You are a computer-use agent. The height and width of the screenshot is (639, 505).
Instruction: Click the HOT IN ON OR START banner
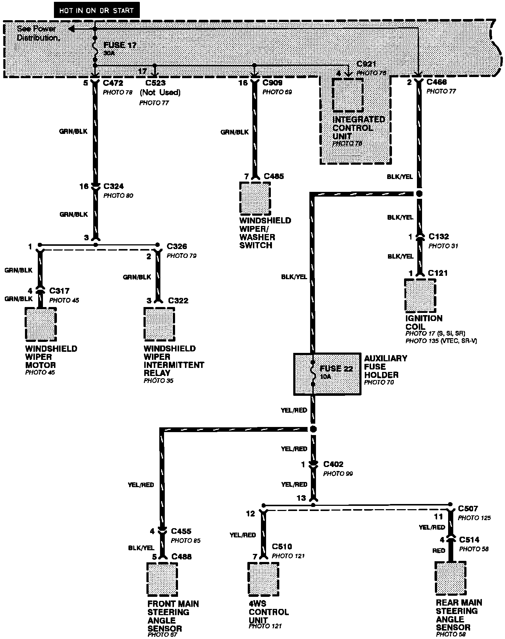(97, 11)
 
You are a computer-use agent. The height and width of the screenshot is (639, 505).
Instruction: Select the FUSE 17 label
(120, 45)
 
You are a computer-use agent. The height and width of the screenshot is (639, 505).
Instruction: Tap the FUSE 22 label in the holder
(336, 369)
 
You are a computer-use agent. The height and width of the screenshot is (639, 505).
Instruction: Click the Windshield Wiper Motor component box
(41, 325)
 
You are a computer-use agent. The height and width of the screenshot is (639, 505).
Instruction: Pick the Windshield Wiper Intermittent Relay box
(159, 325)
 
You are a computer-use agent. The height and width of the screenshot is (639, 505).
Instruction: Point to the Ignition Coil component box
(420, 295)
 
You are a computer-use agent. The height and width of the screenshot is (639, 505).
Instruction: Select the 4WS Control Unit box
(263, 578)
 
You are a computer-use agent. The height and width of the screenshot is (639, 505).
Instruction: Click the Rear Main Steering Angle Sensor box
(451, 578)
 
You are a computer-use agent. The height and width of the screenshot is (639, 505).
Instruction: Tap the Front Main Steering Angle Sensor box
(162, 579)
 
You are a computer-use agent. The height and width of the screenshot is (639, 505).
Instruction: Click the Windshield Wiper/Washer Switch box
(255, 198)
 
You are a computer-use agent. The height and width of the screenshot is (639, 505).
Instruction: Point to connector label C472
(113, 83)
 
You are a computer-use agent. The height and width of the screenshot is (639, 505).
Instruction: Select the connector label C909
(272, 83)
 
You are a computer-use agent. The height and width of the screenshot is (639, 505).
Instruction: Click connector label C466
(436, 82)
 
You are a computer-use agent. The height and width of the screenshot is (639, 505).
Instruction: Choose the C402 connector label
(333, 464)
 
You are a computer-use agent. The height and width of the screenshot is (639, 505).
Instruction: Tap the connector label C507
(468, 509)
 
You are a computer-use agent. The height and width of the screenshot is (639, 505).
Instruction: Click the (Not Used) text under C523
(160, 92)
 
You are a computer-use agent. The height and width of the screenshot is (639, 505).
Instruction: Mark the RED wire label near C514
(439, 551)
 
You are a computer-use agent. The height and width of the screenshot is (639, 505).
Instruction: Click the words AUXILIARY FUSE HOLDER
(385, 366)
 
